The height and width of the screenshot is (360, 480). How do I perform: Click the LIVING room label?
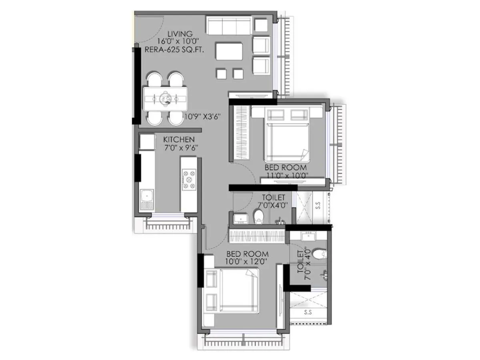(180, 34)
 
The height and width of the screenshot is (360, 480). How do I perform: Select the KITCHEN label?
(179, 139)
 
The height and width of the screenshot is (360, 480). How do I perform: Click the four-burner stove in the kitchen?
(189, 180)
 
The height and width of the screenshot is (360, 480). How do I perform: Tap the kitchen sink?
(147, 196)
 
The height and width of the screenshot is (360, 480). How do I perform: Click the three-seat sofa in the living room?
(228, 26)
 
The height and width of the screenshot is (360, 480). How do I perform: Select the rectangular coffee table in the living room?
(229, 51)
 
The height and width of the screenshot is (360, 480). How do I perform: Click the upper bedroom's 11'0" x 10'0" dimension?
(286, 175)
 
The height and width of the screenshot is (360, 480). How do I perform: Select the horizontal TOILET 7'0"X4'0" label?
(273, 202)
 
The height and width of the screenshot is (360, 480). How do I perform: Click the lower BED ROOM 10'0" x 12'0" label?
(247, 258)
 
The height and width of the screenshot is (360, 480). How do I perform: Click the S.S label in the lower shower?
(308, 312)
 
